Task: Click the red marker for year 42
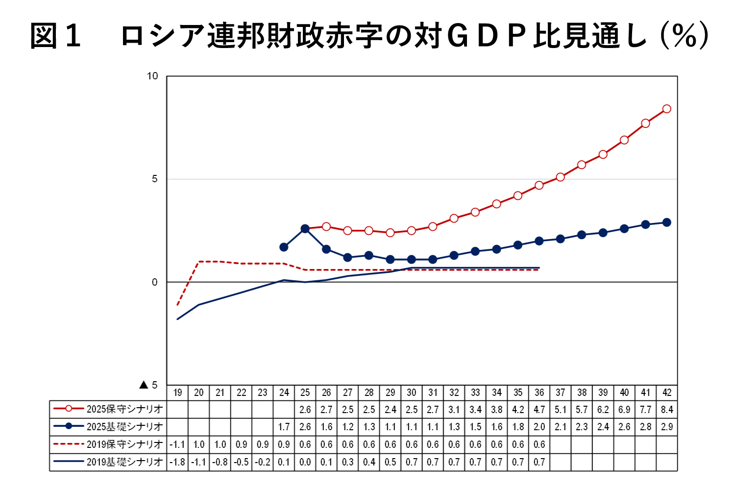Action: tap(666, 109)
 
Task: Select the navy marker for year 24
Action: tap(284, 247)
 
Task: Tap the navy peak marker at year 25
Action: tap(305, 229)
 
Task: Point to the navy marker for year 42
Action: tap(666, 222)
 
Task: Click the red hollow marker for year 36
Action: tap(539, 185)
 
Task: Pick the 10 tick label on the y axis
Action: tap(152, 76)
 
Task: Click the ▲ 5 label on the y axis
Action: tap(148, 385)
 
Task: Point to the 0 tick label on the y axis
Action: tap(155, 282)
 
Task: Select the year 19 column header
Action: tap(177, 392)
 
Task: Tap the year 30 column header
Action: tap(412, 392)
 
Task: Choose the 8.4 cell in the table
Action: tap(667, 409)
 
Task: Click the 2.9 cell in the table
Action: tap(667, 427)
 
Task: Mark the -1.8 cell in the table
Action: tap(177, 462)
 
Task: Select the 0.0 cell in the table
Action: tap(305, 462)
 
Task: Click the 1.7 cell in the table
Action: tap(284, 427)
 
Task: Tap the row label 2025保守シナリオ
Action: tap(124, 409)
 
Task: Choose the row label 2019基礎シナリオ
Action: tap(124, 462)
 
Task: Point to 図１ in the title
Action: tap(55, 37)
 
